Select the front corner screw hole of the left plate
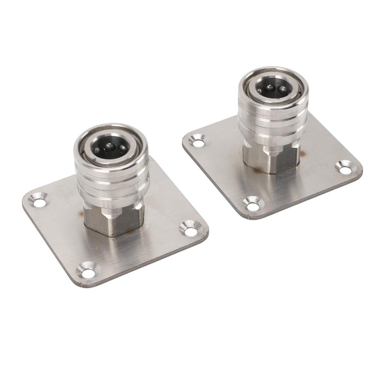[x=88, y=273]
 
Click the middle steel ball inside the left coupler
[x=109, y=147]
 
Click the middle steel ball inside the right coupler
[x=271, y=88]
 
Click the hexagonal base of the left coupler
[x=111, y=221]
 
